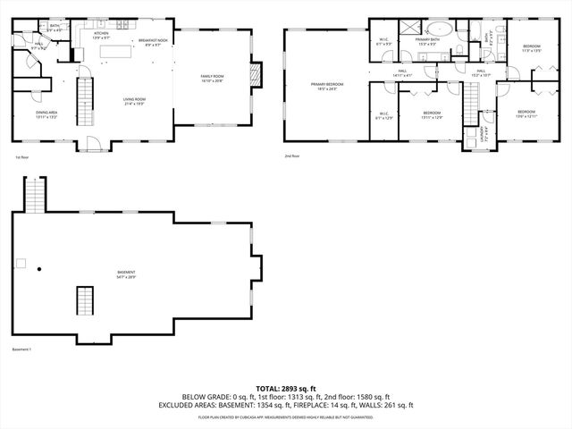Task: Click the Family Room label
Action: (x=213, y=78)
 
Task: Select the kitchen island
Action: (x=113, y=54)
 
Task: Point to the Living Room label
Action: (x=135, y=101)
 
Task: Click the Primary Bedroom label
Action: (x=327, y=86)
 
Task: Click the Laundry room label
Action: (x=470, y=137)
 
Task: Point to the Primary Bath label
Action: (x=425, y=42)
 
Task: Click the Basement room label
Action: (x=126, y=273)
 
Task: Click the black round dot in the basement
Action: (x=38, y=268)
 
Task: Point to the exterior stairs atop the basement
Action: (x=33, y=194)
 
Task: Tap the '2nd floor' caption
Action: (x=292, y=156)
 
